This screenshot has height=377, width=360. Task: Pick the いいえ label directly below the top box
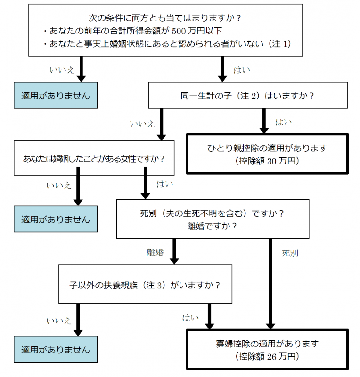[62, 70]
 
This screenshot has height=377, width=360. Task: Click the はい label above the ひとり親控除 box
[283, 122]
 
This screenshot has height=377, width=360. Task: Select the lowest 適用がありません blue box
[55, 350]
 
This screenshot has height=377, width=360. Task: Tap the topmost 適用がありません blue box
[55, 96]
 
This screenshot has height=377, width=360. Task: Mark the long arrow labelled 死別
[271, 283]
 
